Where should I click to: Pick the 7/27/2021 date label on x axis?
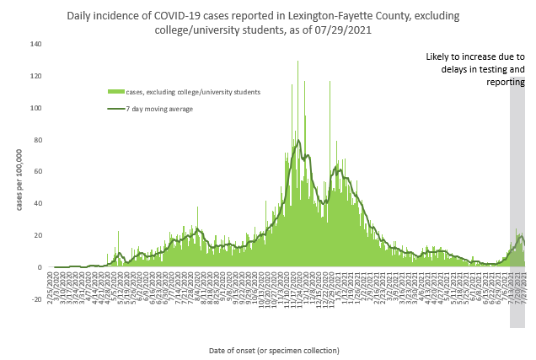(x=523, y=289)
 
